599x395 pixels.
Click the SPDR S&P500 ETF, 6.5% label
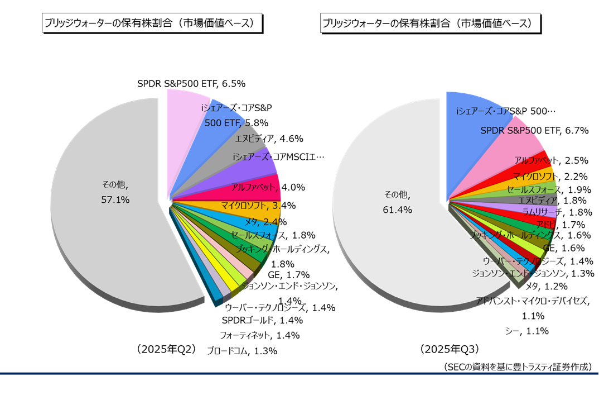pyautogui.click(x=191, y=84)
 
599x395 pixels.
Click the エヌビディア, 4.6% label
pyautogui.click(x=269, y=139)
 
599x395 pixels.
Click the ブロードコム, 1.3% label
pyautogui.click(x=241, y=351)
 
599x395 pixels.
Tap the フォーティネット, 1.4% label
pyautogui.click(x=259, y=335)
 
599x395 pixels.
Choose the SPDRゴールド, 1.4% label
pyautogui.click(x=262, y=320)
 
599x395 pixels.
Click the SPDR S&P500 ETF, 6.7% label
pyautogui.click(x=535, y=131)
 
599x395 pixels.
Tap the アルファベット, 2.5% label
pyautogui.click(x=552, y=160)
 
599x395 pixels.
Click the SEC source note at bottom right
pyautogui.click(x=517, y=367)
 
